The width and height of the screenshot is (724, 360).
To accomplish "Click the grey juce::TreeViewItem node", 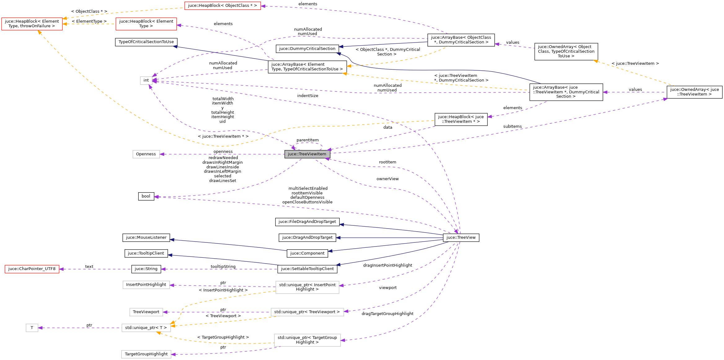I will pyautogui.click(x=307, y=154).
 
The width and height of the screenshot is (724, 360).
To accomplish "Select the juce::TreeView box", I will pyautogui.click(x=461, y=238).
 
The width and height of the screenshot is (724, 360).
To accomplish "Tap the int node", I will pyautogui.click(x=146, y=80).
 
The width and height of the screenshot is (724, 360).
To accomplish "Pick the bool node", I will pyautogui.click(x=146, y=196).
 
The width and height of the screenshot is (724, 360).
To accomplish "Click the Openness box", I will pyautogui.click(x=146, y=154).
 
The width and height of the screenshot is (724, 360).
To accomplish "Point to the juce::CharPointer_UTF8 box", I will pyautogui.click(x=32, y=269).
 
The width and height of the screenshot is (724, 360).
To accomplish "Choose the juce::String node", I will pyautogui.click(x=146, y=269).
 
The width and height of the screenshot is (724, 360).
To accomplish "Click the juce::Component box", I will pyautogui.click(x=307, y=253).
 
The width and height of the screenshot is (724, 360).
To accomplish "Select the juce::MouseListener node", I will pyautogui.click(x=146, y=238).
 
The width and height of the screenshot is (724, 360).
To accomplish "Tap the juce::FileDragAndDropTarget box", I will pyautogui.click(x=307, y=222).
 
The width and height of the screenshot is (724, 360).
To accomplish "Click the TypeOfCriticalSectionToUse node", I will pyautogui.click(x=146, y=42).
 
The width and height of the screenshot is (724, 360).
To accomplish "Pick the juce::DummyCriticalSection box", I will pyautogui.click(x=307, y=49).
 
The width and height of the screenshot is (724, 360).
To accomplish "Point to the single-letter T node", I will pyautogui.click(x=32, y=328).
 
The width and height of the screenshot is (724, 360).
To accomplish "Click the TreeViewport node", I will pyautogui.click(x=146, y=312).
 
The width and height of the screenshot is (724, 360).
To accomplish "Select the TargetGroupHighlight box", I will pyautogui.click(x=146, y=354).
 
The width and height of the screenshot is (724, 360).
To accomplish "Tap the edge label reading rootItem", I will pyautogui.click(x=387, y=162).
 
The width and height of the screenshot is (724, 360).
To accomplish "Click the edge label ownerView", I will pyautogui.click(x=387, y=179).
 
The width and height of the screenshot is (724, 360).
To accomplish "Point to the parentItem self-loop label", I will pyautogui.click(x=307, y=140).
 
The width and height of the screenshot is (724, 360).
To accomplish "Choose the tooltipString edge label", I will pyautogui.click(x=223, y=267).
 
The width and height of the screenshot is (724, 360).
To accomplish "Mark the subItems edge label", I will pyautogui.click(x=512, y=127).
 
